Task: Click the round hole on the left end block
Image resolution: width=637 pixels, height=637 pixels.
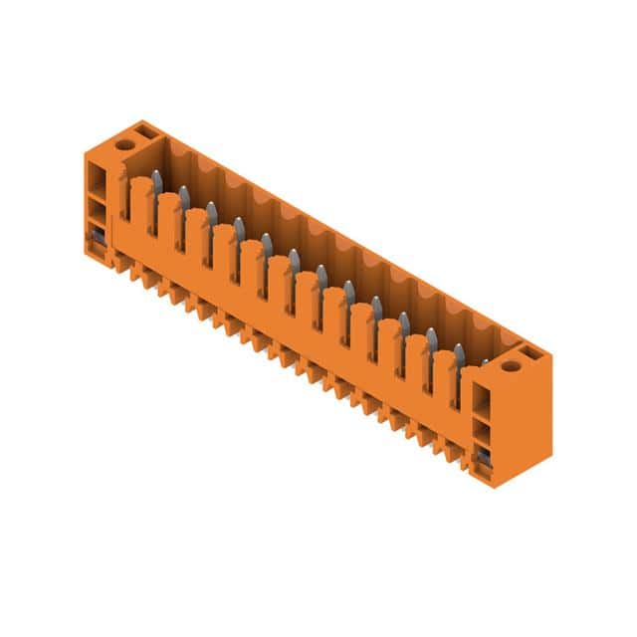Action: coord(125,143)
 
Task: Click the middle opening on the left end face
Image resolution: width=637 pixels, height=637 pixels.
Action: coord(98,212)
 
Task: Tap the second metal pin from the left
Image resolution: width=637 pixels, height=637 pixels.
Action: coord(184,196)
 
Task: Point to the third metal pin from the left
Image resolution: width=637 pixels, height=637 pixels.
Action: coord(211,212)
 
